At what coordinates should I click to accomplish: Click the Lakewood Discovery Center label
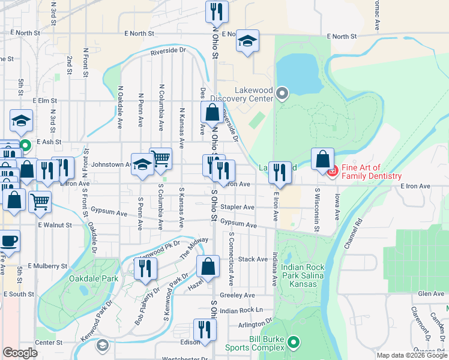click(x=253, y=94)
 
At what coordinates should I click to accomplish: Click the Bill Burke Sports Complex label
click(x=254, y=343)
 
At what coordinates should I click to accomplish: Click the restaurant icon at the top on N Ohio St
click(x=216, y=11)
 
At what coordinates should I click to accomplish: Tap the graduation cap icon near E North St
click(x=247, y=41)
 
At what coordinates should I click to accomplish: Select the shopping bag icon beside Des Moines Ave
click(x=212, y=112)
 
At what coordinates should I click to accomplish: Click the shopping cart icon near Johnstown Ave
click(x=160, y=159)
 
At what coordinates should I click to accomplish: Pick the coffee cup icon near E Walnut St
click(x=8, y=241)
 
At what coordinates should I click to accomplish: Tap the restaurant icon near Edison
click(x=204, y=329)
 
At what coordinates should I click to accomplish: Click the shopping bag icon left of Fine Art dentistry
click(x=322, y=159)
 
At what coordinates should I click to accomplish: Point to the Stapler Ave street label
click(x=238, y=207)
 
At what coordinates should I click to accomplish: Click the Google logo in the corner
click(x=20, y=353)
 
